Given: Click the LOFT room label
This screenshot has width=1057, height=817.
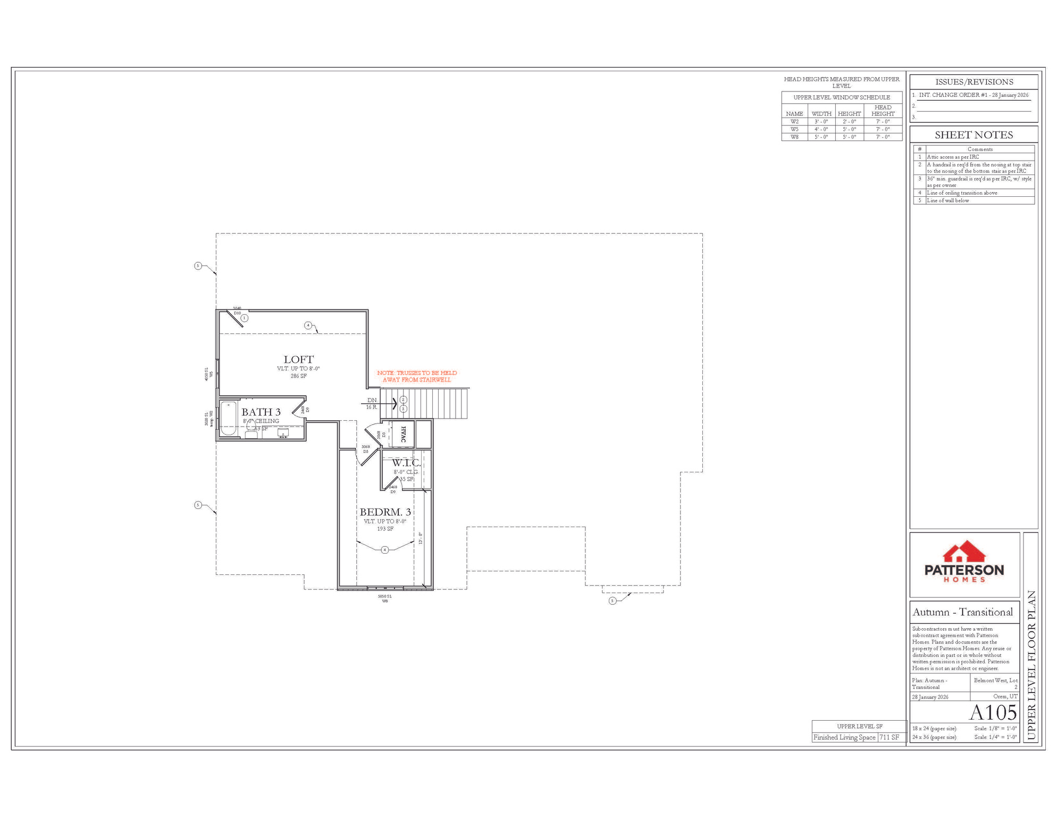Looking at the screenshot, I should [298, 360].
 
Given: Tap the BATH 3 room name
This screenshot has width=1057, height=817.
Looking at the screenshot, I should [261, 412].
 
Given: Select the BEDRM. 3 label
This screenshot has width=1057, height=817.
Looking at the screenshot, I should [385, 512].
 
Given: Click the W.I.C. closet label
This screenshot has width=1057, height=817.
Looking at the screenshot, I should [406, 463].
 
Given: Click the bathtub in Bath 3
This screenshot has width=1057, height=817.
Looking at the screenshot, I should [229, 419].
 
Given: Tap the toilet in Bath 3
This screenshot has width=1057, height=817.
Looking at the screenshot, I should [251, 431].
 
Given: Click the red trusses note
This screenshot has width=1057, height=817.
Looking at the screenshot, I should [417, 376].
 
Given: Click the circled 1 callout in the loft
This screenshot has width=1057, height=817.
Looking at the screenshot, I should [245, 318].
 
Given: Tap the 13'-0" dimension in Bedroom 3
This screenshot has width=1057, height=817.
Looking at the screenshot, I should [421, 538].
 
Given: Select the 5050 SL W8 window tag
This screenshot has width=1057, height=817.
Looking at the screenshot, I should [384, 598].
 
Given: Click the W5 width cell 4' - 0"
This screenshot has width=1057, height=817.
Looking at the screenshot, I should [821, 129].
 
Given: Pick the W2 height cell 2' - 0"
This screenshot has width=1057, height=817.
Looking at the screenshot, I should [849, 122].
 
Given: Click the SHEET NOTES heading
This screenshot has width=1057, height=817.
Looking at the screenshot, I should [974, 135].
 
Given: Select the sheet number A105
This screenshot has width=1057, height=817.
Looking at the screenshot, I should [993, 713].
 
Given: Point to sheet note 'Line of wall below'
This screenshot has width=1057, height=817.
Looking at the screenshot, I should [947, 201].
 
